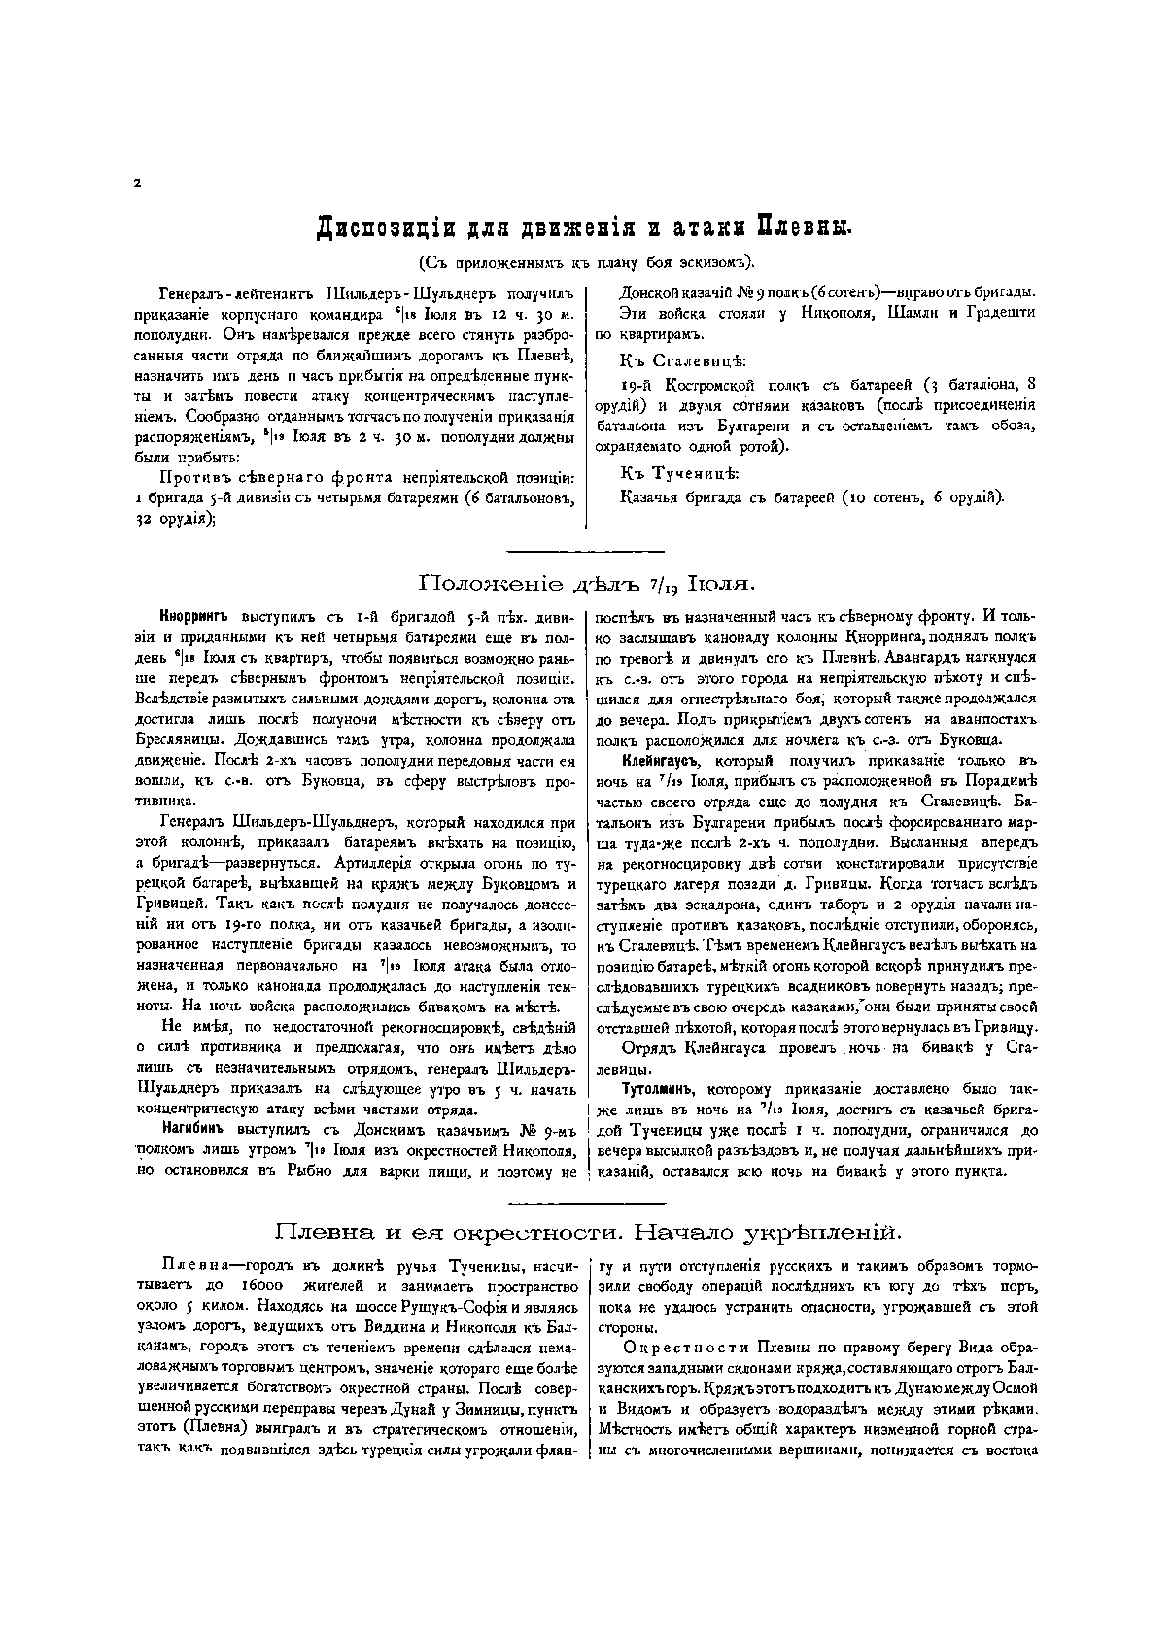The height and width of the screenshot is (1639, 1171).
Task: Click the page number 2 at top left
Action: [x=138, y=183]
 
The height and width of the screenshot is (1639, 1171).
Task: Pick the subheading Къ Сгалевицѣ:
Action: [x=683, y=361]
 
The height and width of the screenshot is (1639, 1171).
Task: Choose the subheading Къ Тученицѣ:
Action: [x=679, y=473]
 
